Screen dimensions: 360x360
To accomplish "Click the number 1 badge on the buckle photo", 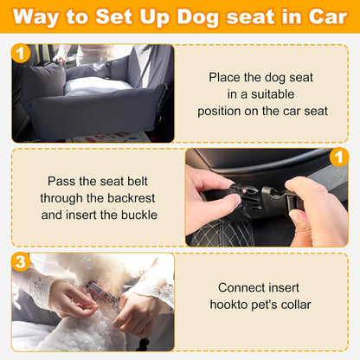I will pyautogui.click(x=340, y=157).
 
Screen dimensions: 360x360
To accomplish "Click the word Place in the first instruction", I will pyautogui.click(x=226, y=77).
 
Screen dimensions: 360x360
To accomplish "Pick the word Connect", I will pyautogui.click(x=243, y=286).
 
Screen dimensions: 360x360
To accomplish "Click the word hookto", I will pyautogui.click(x=228, y=304).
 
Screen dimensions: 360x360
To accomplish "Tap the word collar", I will pyautogui.click(x=293, y=304).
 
